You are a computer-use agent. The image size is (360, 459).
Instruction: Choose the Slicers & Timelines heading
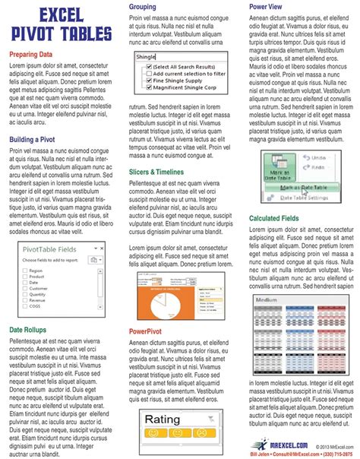(x=165, y=173)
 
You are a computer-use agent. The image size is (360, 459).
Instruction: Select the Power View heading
(x=267, y=6)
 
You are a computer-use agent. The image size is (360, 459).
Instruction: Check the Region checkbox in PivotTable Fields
(x=24, y=270)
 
